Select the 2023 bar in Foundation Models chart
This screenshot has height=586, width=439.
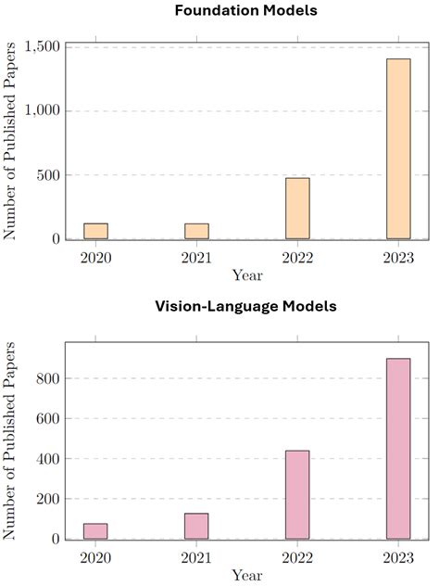click(398, 148)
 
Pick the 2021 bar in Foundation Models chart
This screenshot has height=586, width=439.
click(196, 231)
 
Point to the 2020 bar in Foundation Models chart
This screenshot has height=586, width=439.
click(95, 231)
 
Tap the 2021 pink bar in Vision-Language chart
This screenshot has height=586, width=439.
click(196, 526)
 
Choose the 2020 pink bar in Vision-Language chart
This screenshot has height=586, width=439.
click(95, 531)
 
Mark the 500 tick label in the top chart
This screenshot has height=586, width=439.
click(50, 175)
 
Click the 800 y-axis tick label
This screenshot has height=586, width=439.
click(50, 379)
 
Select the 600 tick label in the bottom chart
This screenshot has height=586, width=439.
click(50, 419)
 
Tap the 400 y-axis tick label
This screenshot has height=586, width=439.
click(50, 459)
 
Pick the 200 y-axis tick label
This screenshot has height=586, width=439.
click(50, 499)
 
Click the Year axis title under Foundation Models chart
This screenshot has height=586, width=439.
click(247, 274)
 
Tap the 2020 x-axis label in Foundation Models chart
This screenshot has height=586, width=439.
click(95, 256)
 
